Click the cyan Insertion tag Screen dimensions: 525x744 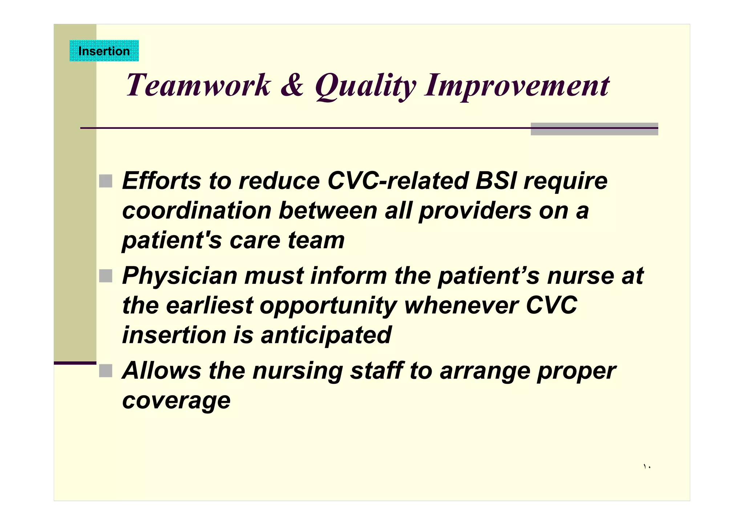coord(104,51)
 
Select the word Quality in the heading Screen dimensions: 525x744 coord(365,86)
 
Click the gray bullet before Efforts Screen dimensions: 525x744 coord(106,181)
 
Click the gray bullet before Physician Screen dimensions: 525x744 coord(106,276)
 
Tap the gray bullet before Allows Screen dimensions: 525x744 coord(106,370)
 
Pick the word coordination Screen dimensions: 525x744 coord(197,210)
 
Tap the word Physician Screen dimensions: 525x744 coord(179,276)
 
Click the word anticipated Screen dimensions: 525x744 coord(326,335)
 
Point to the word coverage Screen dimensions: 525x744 coord(176,401)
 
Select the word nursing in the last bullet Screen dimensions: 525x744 coord(298,371)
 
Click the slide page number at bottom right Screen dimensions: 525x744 coord(647,467)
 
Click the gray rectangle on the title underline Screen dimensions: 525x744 coord(594,129)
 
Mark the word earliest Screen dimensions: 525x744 coord(209,305)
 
